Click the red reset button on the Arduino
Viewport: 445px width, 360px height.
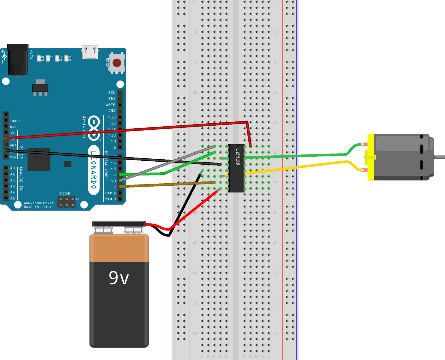coord(117,63)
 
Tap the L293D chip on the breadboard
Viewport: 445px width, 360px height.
coord(236,168)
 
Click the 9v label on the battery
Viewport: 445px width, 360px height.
coord(119,278)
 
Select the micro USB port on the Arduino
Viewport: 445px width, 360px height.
coord(90,52)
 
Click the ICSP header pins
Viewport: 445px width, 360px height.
coord(66,202)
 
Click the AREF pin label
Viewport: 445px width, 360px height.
coord(110,105)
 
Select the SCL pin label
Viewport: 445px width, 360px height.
coord(112,93)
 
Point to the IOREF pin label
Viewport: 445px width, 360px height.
coord(15,121)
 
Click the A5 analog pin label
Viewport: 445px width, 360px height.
coord(12,198)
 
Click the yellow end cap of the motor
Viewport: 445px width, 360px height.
coord(371,157)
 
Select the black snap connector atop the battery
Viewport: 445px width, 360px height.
coord(119,224)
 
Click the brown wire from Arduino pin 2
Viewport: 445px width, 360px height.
coord(168,184)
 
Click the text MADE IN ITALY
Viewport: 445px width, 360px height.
coord(38,207)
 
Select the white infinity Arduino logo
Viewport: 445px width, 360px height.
coord(94,128)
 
